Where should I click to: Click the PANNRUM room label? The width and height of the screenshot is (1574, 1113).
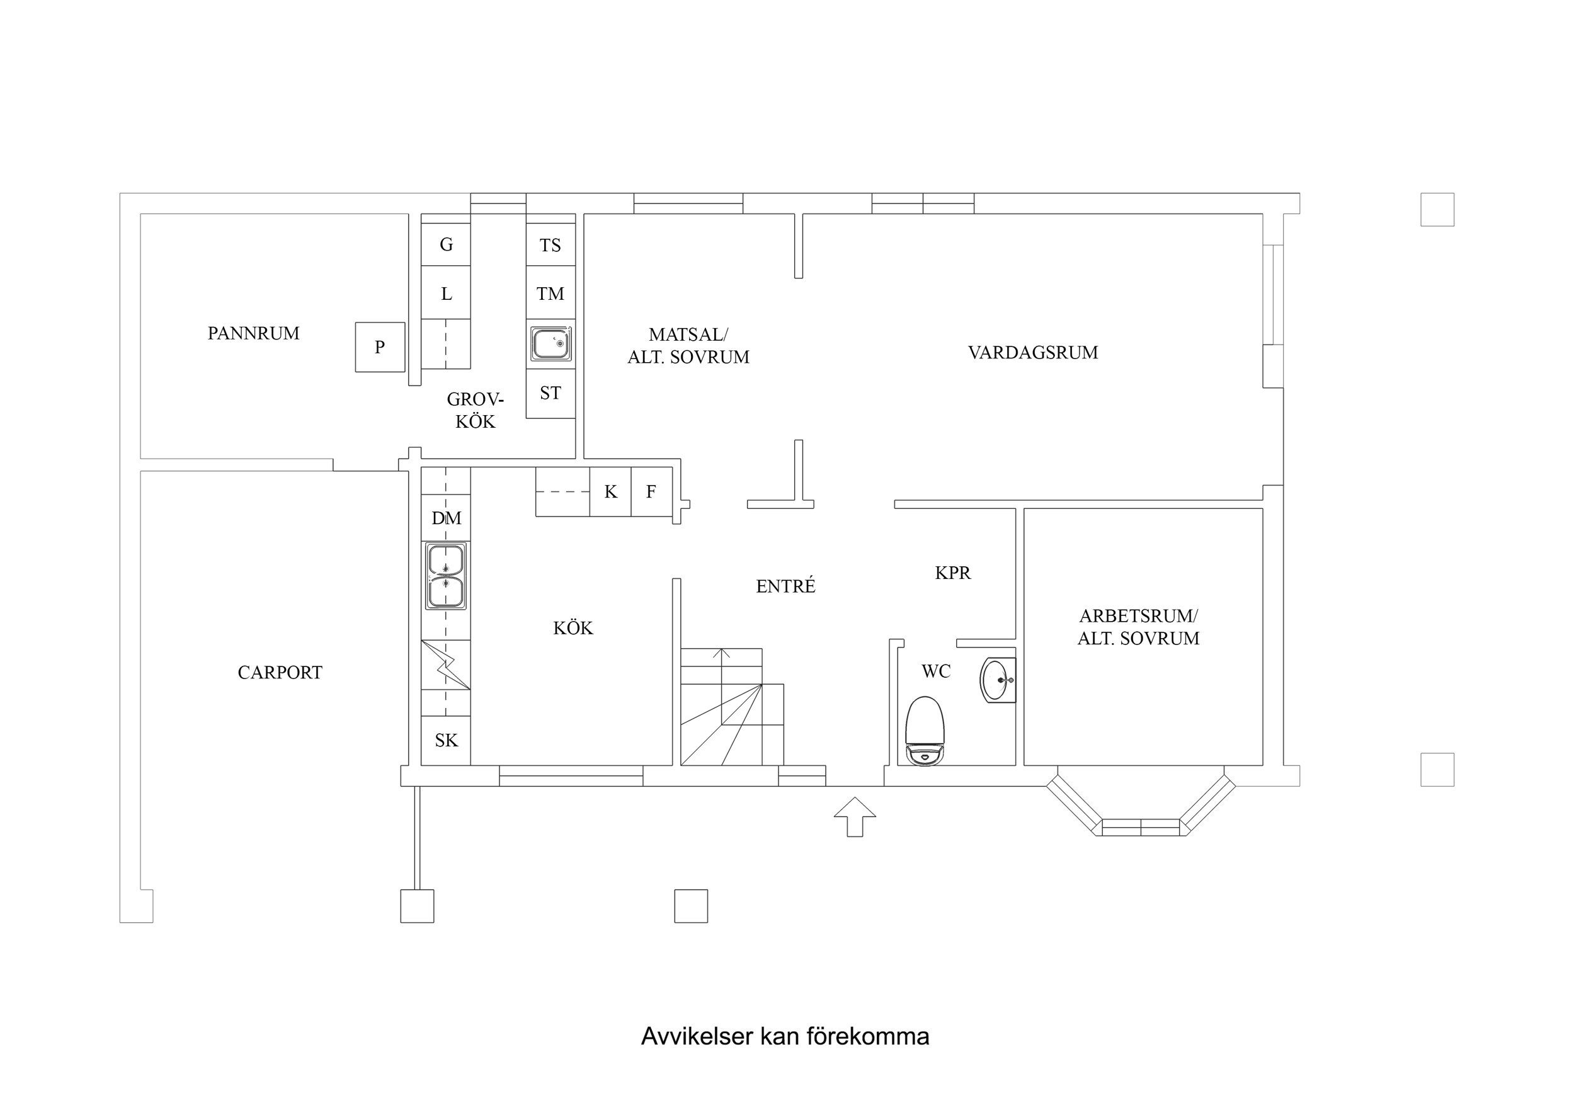pyautogui.click(x=253, y=333)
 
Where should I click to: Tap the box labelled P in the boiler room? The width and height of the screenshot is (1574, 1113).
pyautogui.click(x=380, y=347)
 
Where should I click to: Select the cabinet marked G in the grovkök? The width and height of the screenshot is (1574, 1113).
pyautogui.click(x=445, y=244)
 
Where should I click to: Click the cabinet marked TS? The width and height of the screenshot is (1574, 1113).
pyautogui.click(x=550, y=245)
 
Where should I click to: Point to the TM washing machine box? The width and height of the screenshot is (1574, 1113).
pyautogui.click(x=550, y=294)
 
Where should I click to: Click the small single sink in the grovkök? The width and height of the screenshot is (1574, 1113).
pyautogui.click(x=550, y=343)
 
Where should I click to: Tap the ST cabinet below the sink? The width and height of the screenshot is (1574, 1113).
pyautogui.click(x=550, y=393)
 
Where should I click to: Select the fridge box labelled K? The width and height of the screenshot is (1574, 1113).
pyautogui.click(x=610, y=492)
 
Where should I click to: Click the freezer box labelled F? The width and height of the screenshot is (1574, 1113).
pyautogui.click(x=651, y=492)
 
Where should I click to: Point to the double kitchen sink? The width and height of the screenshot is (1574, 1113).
pyautogui.click(x=445, y=576)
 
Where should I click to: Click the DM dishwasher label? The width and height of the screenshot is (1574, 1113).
pyautogui.click(x=445, y=518)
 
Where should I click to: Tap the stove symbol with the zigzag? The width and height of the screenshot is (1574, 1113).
pyautogui.click(x=445, y=665)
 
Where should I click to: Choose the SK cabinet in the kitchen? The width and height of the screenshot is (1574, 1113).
pyautogui.click(x=445, y=740)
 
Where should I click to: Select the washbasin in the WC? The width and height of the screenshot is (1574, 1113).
pyautogui.click(x=998, y=680)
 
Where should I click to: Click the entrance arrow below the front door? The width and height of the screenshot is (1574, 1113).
pyautogui.click(x=855, y=817)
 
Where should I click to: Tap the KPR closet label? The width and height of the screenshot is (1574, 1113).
pyautogui.click(x=952, y=573)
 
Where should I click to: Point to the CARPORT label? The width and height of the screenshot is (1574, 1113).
pyautogui.click(x=280, y=673)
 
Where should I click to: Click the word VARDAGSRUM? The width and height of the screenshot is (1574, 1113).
pyautogui.click(x=1032, y=353)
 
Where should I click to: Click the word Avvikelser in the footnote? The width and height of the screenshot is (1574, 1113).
pyautogui.click(x=697, y=1036)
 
